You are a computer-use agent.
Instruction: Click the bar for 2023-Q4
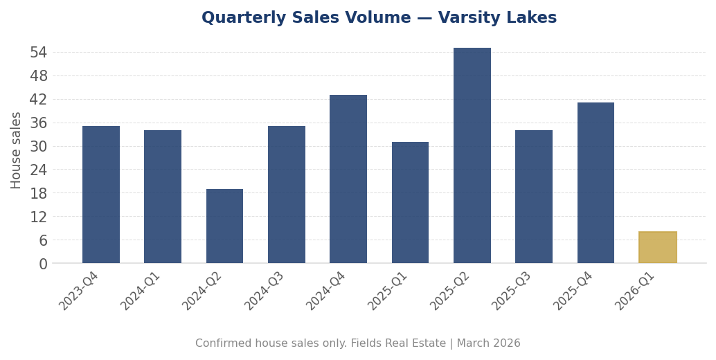click(x=101, y=195)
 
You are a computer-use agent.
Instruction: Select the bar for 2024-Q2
click(x=224, y=226)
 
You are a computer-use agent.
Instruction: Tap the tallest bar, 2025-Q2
click(x=472, y=155)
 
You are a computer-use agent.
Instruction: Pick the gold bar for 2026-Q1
click(x=657, y=247)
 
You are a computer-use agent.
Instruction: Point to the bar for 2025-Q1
click(x=410, y=202)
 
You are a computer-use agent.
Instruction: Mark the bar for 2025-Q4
click(x=596, y=183)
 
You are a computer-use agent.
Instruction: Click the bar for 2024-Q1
click(x=163, y=197)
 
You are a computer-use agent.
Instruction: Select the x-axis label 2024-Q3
click(x=265, y=291)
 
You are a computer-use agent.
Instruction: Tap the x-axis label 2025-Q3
click(x=512, y=291)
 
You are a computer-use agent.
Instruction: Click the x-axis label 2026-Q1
click(x=635, y=291)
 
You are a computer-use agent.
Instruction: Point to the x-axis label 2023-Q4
click(x=79, y=291)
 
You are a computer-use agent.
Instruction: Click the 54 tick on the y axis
click(x=39, y=53)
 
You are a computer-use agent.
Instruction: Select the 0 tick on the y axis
click(x=43, y=264)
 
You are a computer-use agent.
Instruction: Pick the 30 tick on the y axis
click(x=39, y=147)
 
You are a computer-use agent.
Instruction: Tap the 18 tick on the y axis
click(x=39, y=193)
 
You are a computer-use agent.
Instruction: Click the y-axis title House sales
click(x=17, y=150)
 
